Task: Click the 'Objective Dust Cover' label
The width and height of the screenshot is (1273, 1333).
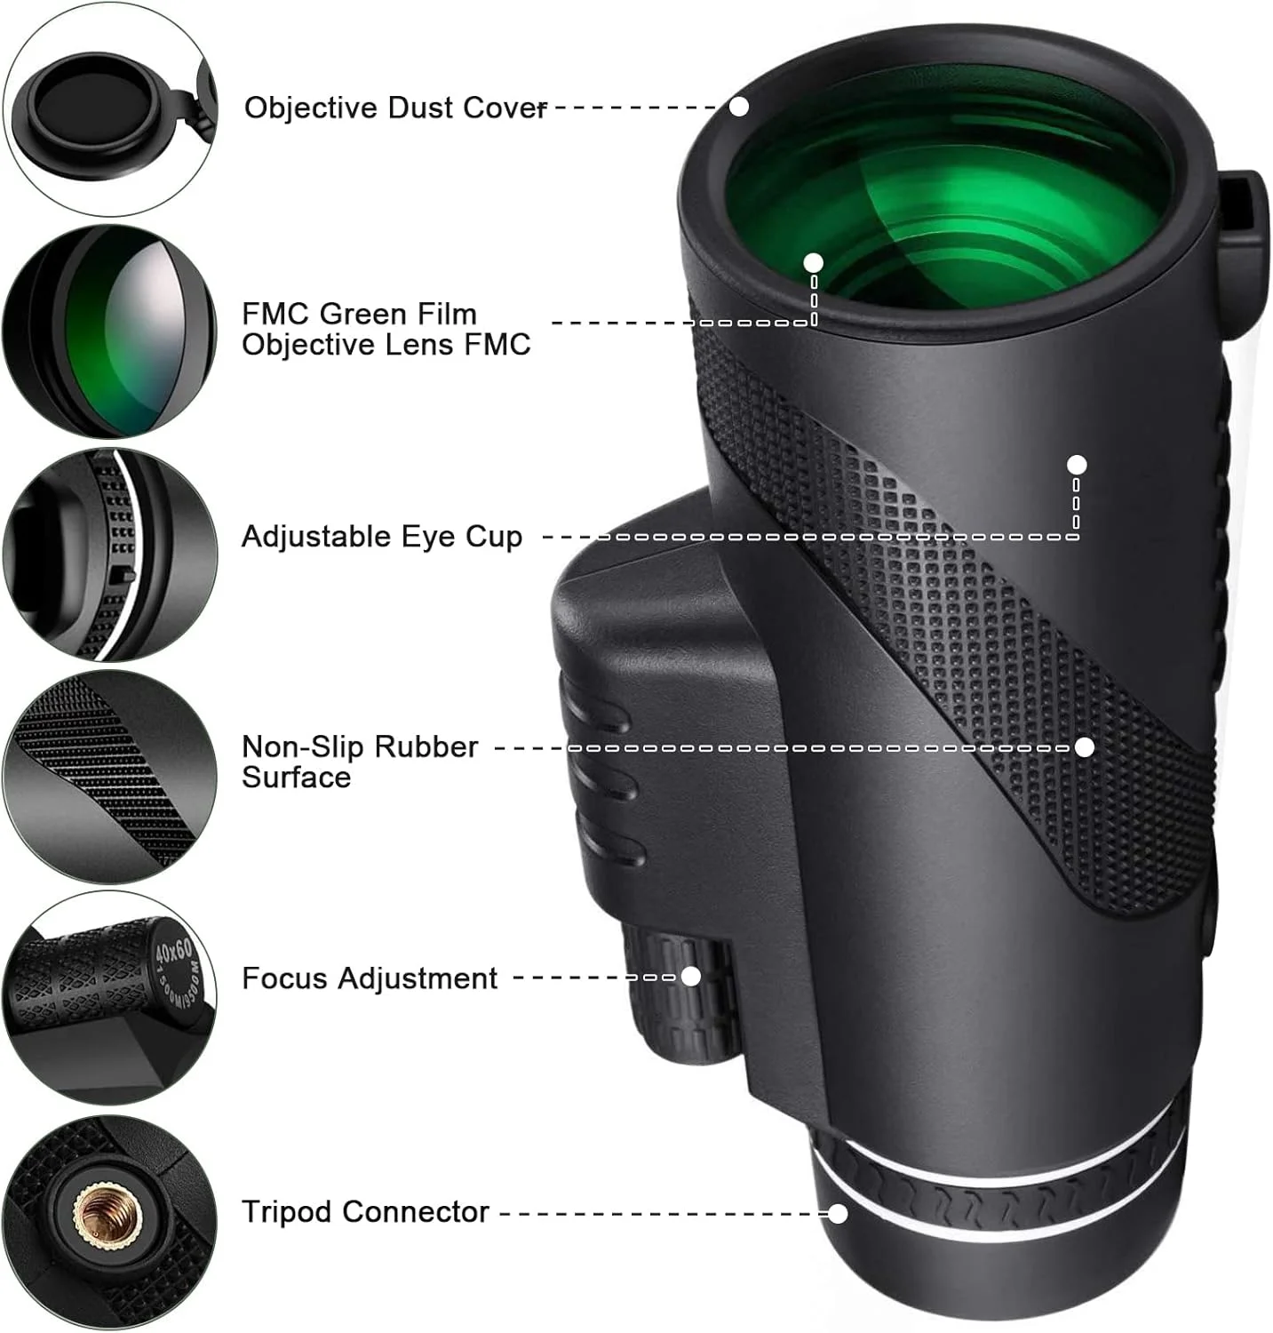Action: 395,108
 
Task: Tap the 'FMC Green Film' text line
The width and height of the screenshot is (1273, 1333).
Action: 359,314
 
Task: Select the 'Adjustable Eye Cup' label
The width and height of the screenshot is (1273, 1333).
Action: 382,537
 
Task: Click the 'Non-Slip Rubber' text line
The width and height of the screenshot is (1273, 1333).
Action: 360,746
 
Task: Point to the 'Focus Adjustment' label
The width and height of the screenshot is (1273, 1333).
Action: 370,978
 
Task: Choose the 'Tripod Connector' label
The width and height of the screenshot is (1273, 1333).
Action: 365,1211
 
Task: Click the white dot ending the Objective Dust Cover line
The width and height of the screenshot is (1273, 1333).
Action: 739,107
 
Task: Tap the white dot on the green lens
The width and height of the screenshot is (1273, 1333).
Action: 814,263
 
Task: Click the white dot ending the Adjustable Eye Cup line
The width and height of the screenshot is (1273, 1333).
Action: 1077,464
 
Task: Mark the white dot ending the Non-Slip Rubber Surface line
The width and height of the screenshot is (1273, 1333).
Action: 1084,747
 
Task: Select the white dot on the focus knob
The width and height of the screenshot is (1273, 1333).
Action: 690,977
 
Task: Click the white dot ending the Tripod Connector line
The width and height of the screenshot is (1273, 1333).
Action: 838,1213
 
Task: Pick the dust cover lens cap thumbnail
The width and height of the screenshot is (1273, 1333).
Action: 110,108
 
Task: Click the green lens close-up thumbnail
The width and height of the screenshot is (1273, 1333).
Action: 110,331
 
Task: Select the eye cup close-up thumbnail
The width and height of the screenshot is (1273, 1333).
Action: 110,555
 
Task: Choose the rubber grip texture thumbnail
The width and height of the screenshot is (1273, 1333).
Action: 110,777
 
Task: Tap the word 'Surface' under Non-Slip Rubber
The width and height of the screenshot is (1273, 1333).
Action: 296,778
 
